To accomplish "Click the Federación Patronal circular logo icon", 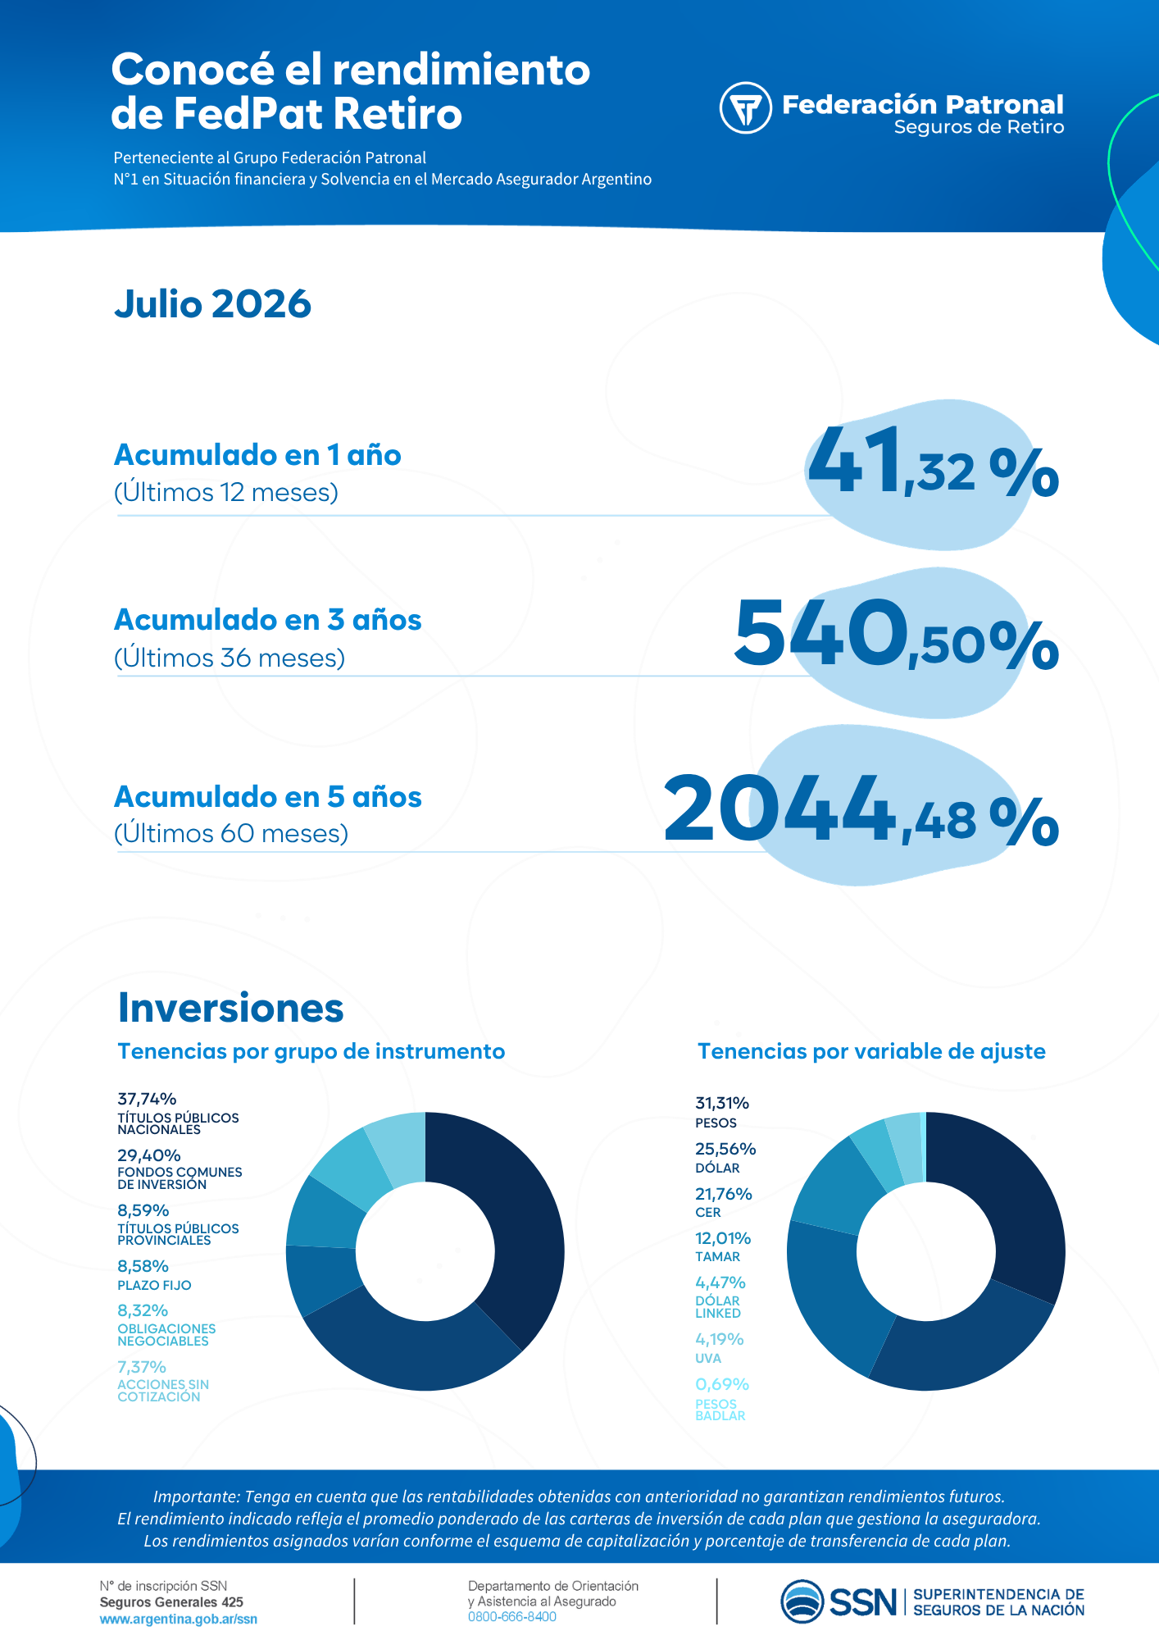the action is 745,107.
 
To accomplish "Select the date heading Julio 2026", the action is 213,304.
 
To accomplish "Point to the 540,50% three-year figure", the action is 897,631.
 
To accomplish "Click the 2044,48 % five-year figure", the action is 861,809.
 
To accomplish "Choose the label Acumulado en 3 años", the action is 268,620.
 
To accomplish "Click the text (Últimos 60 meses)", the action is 231,834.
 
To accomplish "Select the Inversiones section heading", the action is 231,1008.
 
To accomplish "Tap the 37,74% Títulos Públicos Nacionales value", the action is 148,1099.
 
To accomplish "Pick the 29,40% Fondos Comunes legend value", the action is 149,1155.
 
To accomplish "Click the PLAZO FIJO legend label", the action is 154,1286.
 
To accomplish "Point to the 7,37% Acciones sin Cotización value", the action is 142,1367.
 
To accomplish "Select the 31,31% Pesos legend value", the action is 722,1103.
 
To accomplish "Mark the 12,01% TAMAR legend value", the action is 723,1238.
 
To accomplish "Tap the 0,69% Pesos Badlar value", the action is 722,1384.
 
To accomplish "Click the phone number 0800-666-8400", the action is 512,1617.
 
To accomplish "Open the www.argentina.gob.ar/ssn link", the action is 179,1619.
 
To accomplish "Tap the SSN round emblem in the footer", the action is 802,1601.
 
